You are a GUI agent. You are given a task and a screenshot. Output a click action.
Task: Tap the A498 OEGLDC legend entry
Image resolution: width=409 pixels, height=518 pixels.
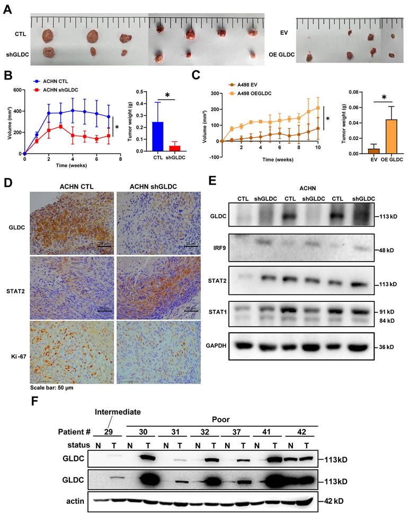[250, 94]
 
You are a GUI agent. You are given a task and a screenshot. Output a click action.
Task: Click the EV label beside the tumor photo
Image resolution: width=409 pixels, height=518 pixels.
[283, 32]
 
